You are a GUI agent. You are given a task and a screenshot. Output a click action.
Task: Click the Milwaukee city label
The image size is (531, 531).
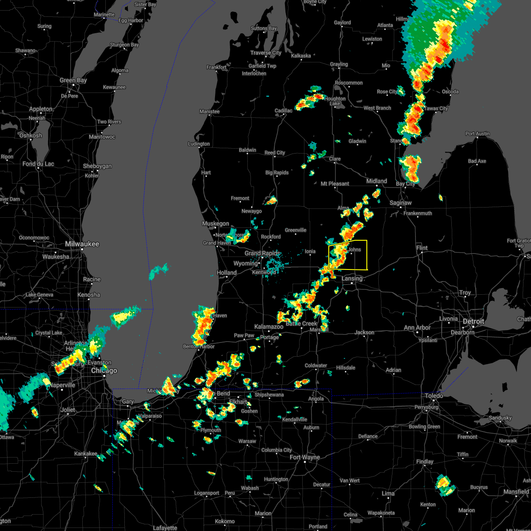[82, 244]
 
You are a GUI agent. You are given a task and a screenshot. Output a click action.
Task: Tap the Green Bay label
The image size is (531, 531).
[73, 80]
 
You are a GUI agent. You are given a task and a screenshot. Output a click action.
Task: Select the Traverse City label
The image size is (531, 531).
[265, 53]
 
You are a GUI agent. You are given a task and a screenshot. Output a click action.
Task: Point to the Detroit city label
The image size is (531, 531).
[473, 321]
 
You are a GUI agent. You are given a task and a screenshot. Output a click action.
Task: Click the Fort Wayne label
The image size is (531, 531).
[304, 457]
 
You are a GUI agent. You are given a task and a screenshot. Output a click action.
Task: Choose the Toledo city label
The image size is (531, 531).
[434, 395]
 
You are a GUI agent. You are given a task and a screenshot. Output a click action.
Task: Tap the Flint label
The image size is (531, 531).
[422, 248]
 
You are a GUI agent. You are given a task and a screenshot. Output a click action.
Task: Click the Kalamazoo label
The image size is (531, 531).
[269, 327]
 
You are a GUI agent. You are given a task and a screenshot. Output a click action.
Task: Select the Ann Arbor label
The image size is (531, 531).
[417, 328]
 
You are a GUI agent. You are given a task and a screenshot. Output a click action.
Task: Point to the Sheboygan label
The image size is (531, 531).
[97, 166]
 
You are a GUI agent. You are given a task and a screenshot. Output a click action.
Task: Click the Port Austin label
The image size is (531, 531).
[477, 134]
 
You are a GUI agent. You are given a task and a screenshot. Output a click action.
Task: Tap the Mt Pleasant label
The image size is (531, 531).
[335, 184]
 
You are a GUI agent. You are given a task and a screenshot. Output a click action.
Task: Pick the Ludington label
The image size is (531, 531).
[199, 144]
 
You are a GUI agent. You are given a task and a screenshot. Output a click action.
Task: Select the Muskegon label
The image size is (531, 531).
[215, 223]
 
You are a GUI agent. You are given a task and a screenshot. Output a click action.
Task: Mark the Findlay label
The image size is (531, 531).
[425, 462]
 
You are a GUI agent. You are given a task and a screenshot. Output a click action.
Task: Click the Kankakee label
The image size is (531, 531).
[85, 454]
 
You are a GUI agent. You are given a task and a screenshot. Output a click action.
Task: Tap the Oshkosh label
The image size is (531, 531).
[31, 135]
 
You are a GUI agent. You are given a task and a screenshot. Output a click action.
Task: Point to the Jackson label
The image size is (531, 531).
[364, 332]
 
